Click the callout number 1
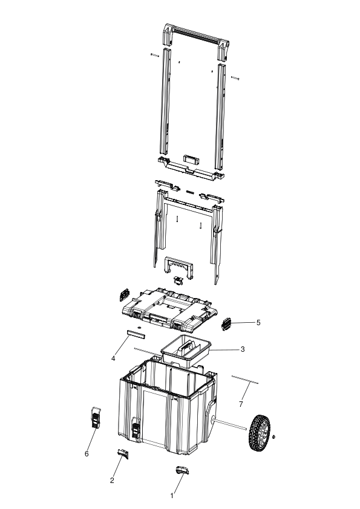(x=172, y=496)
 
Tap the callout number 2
(x=112, y=481)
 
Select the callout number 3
(x=243, y=349)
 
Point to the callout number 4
(x=113, y=358)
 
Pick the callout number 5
(x=258, y=322)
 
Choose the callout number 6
(x=87, y=453)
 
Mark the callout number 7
(x=241, y=404)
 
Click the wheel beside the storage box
(x=260, y=433)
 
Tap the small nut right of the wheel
(x=274, y=436)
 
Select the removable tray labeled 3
(x=186, y=351)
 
